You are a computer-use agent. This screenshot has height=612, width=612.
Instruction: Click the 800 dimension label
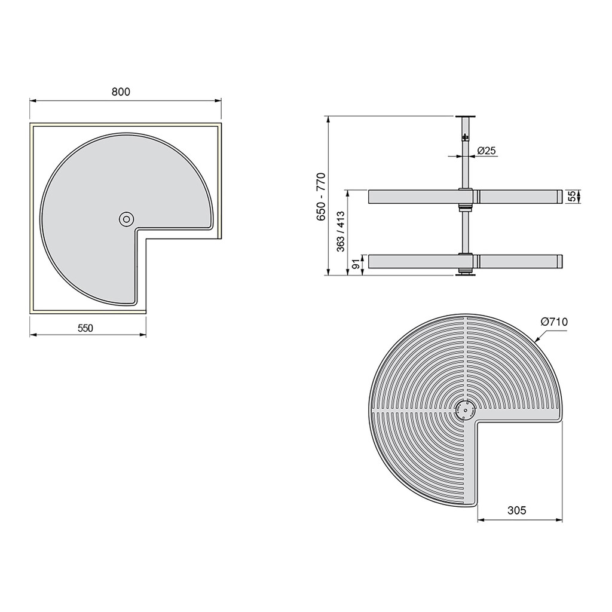120,91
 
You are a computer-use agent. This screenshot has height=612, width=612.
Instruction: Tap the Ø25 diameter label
486,151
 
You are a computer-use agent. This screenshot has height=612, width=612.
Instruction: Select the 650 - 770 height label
321,198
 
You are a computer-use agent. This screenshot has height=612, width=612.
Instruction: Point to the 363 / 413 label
341,232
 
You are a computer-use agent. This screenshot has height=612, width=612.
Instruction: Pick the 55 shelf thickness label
571,197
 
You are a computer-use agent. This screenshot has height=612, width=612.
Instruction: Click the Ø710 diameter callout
554,322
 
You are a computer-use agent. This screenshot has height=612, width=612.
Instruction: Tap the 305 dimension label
517,510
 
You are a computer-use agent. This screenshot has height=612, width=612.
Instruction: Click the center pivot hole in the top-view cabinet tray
126,219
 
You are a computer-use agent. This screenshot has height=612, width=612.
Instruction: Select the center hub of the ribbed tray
464,411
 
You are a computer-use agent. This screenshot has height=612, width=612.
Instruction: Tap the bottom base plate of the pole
464,274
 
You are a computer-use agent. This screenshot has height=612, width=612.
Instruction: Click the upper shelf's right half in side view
518,197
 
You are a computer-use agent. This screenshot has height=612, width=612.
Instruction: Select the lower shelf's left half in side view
412,261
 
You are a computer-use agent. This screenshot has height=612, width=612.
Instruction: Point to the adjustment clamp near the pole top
464,137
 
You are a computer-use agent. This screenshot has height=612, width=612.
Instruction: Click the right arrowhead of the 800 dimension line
219,100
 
